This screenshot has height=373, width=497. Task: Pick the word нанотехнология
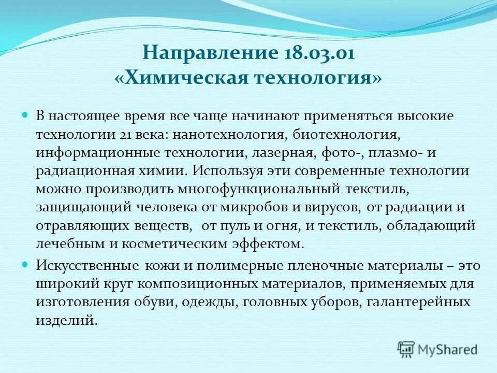(x=229, y=135)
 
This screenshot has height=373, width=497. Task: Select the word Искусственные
(x=86, y=266)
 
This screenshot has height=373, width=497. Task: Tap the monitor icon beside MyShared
(x=407, y=349)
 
